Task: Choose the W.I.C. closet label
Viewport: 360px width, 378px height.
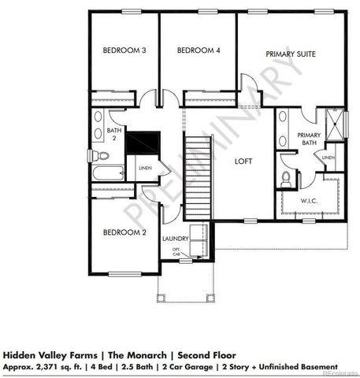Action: (309, 200)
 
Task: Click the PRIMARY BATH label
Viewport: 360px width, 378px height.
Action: (309, 139)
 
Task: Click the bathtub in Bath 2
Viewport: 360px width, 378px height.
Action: (107, 173)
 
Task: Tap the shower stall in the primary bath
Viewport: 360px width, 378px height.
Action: (334, 124)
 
